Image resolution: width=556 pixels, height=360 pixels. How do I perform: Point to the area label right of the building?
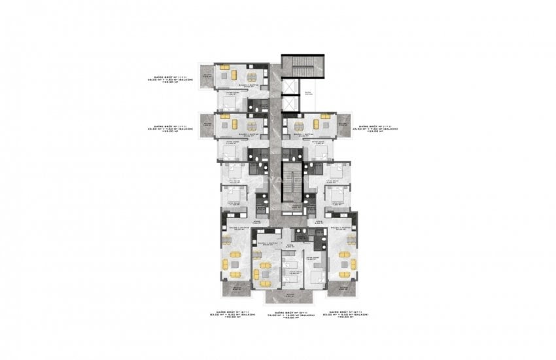379,128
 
